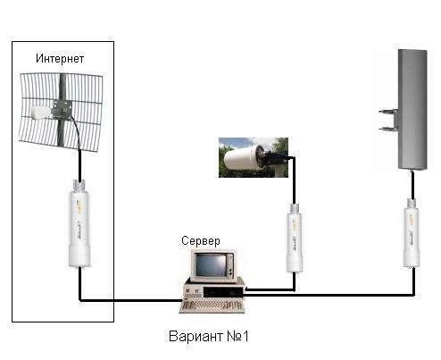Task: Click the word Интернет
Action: point(60,59)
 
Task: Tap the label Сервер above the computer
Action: point(201,240)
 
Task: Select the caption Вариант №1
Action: point(208,336)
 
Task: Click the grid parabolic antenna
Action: point(61,112)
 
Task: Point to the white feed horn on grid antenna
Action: point(41,112)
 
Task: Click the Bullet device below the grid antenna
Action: point(79,223)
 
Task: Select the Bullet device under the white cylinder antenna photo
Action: point(295,239)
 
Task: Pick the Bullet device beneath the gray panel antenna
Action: point(412,233)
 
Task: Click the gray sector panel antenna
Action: point(412,110)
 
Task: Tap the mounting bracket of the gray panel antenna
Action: point(388,120)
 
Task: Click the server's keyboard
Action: point(212,306)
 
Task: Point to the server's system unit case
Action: point(213,290)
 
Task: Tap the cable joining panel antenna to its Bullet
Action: point(412,185)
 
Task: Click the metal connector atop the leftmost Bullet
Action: point(79,185)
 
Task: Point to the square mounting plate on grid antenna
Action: point(62,108)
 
